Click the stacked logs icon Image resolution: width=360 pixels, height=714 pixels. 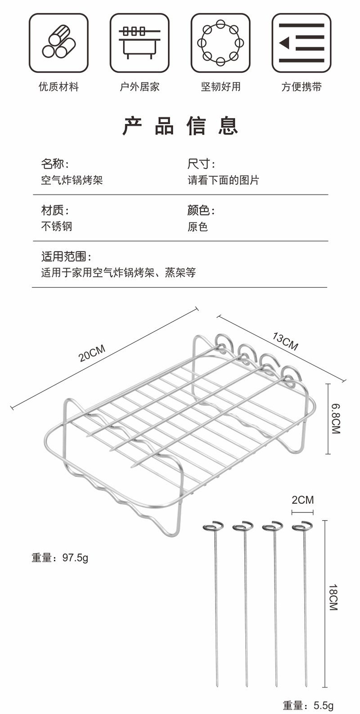[58, 43]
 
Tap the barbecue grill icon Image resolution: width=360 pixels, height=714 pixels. [139, 43]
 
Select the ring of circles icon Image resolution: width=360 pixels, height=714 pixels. [220, 43]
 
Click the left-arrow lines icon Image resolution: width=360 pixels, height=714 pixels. [301, 43]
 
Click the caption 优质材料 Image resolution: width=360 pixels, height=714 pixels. [58, 87]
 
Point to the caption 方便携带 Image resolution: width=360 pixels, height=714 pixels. [301, 87]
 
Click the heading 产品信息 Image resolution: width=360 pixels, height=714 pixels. [180, 126]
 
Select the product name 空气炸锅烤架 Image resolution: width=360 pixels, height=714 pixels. [72, 180]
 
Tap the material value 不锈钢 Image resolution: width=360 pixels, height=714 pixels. [57, 226]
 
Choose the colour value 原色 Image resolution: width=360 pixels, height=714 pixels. [198, 226]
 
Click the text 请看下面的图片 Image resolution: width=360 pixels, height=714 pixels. [223, 180]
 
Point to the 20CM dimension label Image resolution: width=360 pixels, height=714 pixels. [92, 353]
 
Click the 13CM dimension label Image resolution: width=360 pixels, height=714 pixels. [285, 341]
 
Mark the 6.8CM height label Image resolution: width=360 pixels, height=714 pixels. [335, 419]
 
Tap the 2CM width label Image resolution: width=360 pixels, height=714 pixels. [302, 500]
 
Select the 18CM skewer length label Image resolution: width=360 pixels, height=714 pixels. [333, 597]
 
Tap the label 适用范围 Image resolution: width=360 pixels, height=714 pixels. [66, 257]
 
